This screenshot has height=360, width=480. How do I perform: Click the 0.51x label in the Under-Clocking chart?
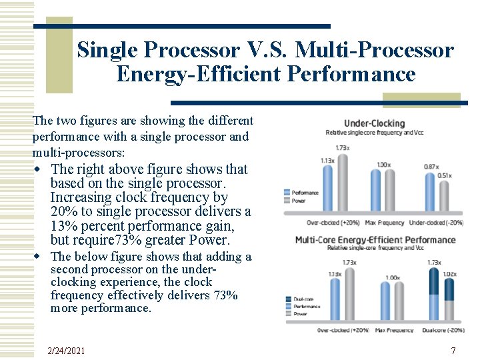(x=445, y=175)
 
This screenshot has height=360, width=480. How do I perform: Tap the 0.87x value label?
(x=431, y=166)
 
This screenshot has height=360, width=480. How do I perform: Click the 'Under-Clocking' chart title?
(x=374, y=123)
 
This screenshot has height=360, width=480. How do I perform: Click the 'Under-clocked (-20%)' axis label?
(x=436, y=222)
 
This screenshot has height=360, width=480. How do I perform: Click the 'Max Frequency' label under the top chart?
(x=381, y=222)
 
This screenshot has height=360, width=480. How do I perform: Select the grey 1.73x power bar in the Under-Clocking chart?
(x=343, y=181)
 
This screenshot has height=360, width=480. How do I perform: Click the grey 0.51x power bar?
(x=444, y=196)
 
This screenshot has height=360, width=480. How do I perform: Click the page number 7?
(x=453, y=351)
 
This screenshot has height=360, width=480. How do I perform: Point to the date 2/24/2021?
(x=66, y=351)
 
